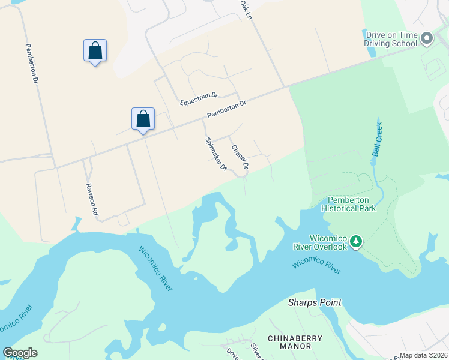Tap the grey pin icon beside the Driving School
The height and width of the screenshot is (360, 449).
coord(427,39)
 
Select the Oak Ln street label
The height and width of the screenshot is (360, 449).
coord(246,10)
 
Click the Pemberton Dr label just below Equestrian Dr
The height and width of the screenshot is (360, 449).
coord(227,109)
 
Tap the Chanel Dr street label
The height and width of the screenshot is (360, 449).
coord(240,156)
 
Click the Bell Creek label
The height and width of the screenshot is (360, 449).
coord(377,140)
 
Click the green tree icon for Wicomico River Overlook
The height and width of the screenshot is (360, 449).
coord(357,241)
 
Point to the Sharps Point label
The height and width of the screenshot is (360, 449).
coord(315,302)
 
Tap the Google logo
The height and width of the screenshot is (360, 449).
coord(20,353)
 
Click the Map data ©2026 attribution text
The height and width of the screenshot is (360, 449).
coord(423,355)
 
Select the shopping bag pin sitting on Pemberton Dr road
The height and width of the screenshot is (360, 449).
coord(143,119)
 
